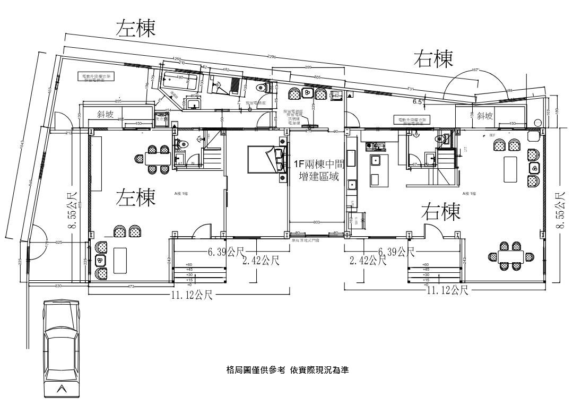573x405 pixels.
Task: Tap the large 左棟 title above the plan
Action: [136, 29]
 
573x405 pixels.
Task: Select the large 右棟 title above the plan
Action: [433, 59]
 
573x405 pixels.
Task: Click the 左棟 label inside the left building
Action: [136, 198]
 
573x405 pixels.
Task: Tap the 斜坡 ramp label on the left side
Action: [105, 114]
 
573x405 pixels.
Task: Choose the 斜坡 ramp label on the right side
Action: [484, 115]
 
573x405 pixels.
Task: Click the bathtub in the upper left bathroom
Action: [180, 80]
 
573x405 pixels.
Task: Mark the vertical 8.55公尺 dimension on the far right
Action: [560, 211]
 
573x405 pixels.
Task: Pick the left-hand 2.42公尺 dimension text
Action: [261, 260]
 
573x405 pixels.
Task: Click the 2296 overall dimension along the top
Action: [272, 56]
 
